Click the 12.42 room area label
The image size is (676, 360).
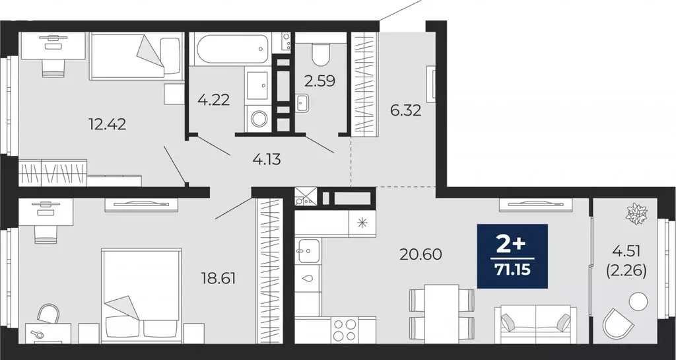click(x=107, y=123)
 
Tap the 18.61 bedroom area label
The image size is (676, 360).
click(x=219, y=278)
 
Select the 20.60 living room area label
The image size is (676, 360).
click(x=420, y=254)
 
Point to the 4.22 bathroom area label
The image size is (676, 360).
click(x=213, y=100)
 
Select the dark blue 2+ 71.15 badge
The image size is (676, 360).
click(x=512, y=256)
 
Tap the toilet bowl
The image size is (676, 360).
click(x=321, y=54)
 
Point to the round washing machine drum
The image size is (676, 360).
click(x=259, y=120)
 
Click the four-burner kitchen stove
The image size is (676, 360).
click(x=343, y=329)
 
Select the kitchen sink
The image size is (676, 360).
click(x=308, y=250)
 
